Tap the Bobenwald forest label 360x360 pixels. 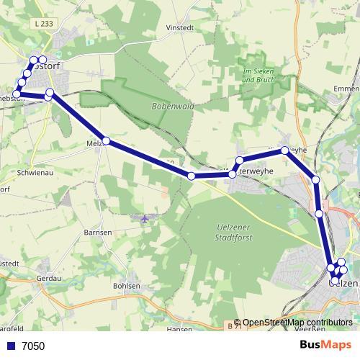point(168,106)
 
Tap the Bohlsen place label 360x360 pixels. point(126,286)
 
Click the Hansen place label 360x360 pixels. point(179,328)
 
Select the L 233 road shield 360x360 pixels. point(42,24)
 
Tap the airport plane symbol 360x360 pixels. point(145,217)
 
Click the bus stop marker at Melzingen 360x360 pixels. point(106,141)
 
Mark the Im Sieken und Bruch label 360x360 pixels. point(259,75)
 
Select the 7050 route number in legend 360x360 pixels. point(33,346)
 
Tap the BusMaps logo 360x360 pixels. point(325,345)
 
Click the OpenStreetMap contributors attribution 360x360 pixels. point(297,323)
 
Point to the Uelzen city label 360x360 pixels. point(343,283)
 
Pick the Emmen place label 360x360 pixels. point(347,89)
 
